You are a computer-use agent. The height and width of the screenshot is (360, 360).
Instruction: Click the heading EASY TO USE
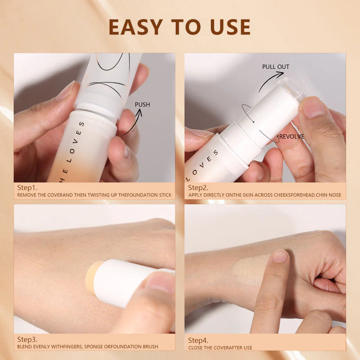[x=180, y=27]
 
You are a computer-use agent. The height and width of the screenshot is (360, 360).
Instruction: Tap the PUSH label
[x=142, y=105]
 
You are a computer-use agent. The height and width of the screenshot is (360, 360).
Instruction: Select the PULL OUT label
[x=275, y=67]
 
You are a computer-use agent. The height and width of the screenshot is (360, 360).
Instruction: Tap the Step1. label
[x=27, y=188]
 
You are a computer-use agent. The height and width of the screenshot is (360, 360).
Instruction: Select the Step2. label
[x=198, y=188]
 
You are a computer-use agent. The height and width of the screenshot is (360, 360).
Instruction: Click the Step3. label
[x=27, y=339]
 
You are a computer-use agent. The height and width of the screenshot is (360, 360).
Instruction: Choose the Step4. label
[x=198, y=340]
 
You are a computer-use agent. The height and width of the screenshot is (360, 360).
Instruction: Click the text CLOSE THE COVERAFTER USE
[x=220, y=347]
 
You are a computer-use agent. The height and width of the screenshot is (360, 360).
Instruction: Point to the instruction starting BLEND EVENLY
[x=87, y=346]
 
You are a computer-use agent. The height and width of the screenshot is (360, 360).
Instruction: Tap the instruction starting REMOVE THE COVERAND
[x=94, y=195]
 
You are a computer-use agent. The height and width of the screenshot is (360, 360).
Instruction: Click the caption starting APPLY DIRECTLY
[x=265, y=195]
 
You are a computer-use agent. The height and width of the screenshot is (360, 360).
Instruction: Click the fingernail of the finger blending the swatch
[x=280, y=256]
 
